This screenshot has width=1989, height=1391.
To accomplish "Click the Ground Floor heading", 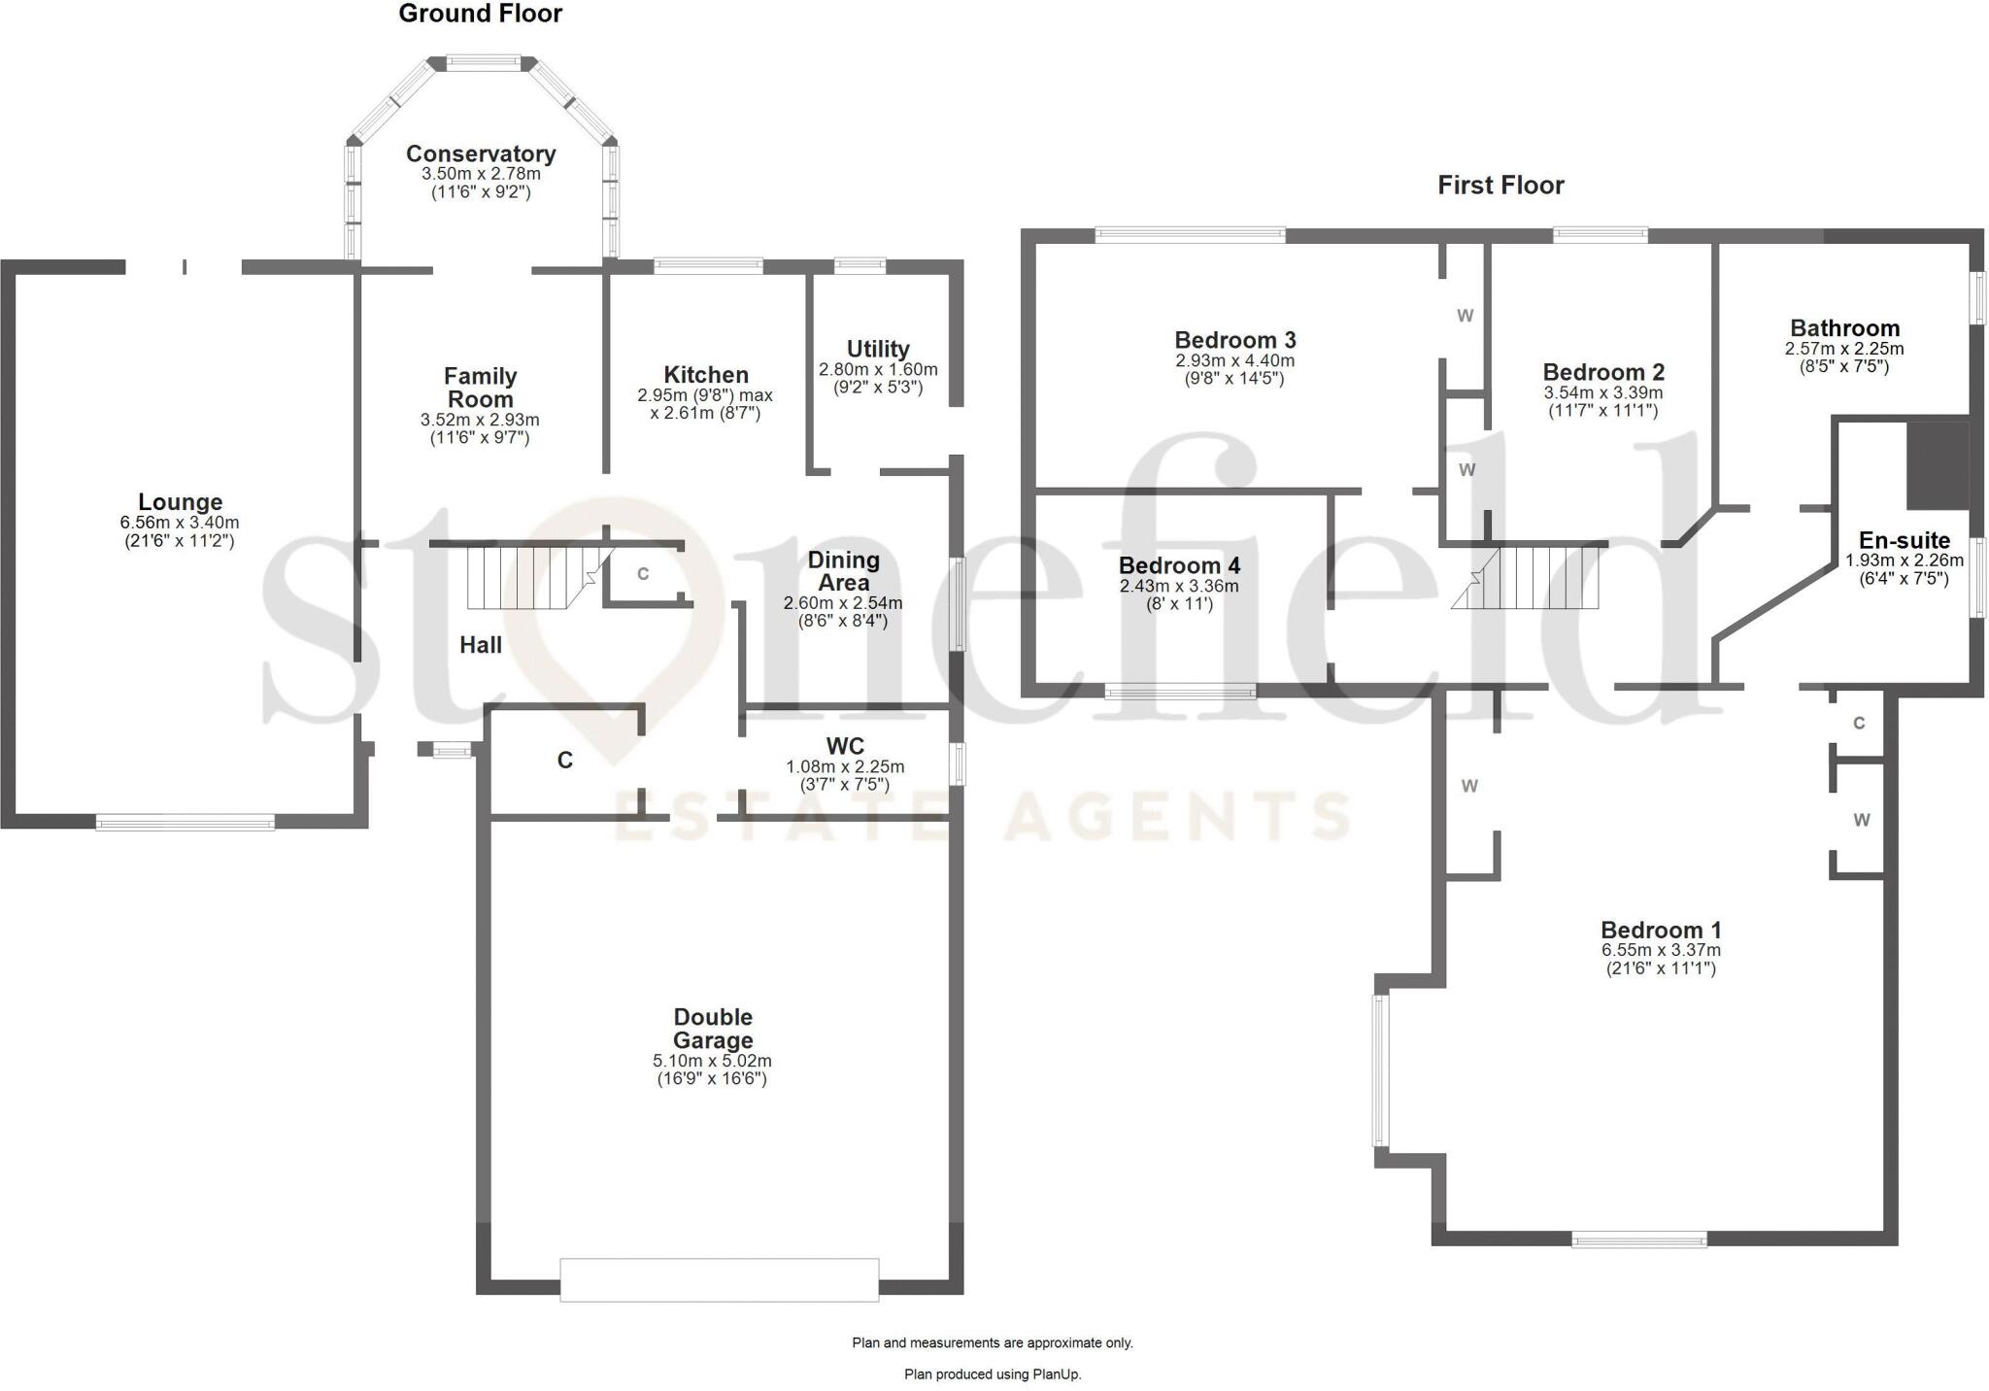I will [x=480, y=14].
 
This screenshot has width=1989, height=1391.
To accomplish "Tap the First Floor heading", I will [x=1500, y=186].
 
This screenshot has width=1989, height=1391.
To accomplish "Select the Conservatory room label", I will [x=481, y=153].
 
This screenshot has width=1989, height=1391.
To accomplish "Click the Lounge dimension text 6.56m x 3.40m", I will [x=180, y=523].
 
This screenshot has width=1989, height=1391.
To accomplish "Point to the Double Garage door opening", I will [x=719, y=1279].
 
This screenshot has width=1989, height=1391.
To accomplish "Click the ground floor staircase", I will [x=524, y=577].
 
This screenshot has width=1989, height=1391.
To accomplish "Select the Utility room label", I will [x=878, y=349].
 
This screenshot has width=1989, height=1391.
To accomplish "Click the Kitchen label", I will [x=706, y=375].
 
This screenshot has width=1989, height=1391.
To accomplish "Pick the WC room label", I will [x=845, y=746].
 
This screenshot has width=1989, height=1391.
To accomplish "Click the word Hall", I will [x=481, y=645].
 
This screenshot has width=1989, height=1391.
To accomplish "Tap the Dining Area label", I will [x=843, y=571].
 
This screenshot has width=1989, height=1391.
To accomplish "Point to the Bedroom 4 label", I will [x=1179, y=565].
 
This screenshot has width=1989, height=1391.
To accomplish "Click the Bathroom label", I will [x=1844, y=328].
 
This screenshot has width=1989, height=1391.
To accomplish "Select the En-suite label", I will [x=1904, y=540].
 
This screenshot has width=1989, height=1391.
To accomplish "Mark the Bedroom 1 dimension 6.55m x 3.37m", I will [x=1661, y=950].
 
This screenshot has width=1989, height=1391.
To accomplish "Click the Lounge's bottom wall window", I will [x=185, y=823].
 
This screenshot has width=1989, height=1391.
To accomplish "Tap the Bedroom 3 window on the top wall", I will [x=1190, y=234].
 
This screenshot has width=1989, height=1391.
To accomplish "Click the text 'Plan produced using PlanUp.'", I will [x=993, y=1374].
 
